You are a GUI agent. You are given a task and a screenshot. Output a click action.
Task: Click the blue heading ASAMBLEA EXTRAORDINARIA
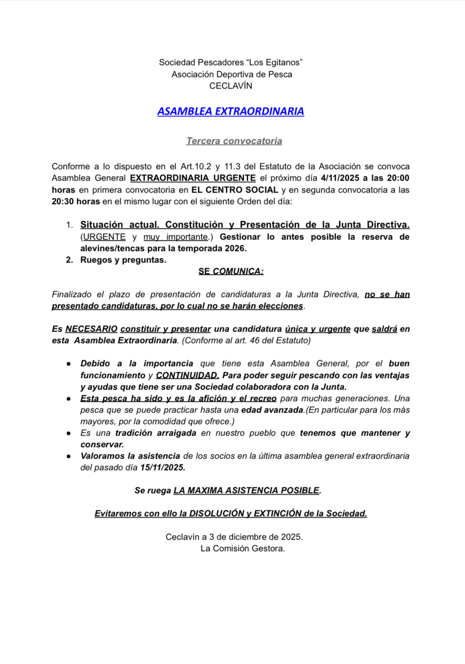pos(231,111)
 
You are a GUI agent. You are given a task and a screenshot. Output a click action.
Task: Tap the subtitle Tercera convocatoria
pos(234,141)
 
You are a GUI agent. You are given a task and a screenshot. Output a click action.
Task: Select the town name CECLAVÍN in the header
pos(231,86)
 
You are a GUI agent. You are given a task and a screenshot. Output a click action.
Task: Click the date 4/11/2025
pos(340,178)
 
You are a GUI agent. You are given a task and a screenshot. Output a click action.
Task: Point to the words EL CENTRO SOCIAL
pos(235,190)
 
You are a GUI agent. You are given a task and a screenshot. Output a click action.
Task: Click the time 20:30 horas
pos(76,201)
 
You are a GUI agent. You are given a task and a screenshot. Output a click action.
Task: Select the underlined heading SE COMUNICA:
pos(231,271)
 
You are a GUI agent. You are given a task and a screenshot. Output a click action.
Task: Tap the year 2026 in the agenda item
pos(235,248)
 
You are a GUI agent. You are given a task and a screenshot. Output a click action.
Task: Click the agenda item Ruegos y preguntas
pos(123,260)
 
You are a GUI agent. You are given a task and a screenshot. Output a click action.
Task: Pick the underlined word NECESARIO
pos(91,329)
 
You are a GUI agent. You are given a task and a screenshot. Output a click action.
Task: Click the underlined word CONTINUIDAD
pos(188,375)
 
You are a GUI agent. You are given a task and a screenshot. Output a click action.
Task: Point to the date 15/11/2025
pos(163,467)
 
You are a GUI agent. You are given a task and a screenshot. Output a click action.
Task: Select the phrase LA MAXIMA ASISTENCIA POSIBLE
pos(246,490)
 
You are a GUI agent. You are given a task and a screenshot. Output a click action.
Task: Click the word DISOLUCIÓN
pos(217,513)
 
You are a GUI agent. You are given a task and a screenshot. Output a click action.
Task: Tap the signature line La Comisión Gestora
pos(242,548)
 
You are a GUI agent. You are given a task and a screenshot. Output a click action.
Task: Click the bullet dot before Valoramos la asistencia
pos(69,456)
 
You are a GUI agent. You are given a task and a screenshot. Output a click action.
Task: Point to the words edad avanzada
pos(272,410)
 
